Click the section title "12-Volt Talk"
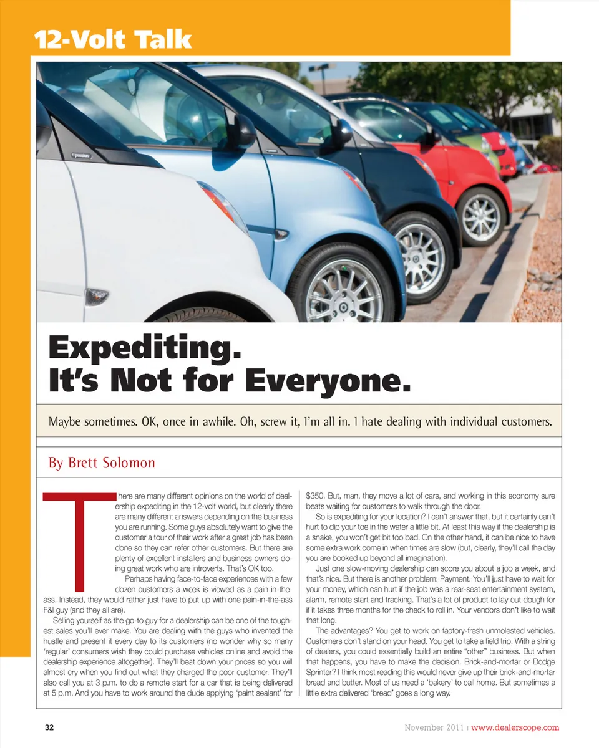[113, 39]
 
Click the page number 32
[49, 727]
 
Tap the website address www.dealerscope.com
[515, 727]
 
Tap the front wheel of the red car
[481, 216]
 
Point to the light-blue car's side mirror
[243, 131]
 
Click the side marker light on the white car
[97, 296]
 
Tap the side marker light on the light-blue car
[281, 234]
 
